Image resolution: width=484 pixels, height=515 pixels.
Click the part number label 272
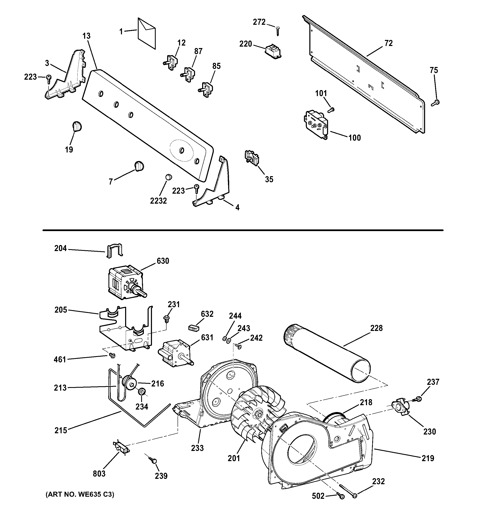pyautogui.click(x=259, y=22)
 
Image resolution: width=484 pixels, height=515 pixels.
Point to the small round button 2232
pyautogui.click(x=169, y=177)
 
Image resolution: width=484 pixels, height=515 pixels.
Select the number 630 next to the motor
pyautogui.click(x=163, y=261)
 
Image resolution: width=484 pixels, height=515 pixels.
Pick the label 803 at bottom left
pyautogui.click(x=99, y=474)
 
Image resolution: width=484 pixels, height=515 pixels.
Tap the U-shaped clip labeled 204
pyautogui.click(x=114, y=250)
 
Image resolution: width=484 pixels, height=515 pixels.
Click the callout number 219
pyautogui.click(x=428, y=458)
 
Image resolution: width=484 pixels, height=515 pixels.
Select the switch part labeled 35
pyautogui.click(x=251, y=157)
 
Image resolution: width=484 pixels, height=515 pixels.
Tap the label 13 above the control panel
pyautogui.click(x=87, y=36)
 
